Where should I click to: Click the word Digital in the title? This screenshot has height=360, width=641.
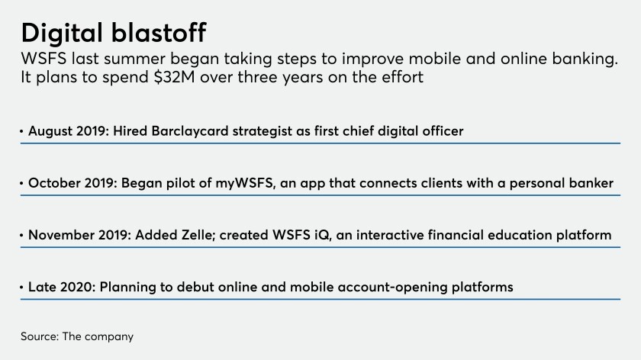point(62,34)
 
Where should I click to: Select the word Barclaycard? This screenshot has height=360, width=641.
point(190,131)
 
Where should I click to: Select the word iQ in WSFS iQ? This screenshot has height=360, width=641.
point(322,236)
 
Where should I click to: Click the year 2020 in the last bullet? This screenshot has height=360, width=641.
point(78,287)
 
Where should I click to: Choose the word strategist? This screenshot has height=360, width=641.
point(262,132)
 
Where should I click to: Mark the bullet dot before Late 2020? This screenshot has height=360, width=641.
point(21,287)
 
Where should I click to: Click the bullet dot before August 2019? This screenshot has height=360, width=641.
point(21,131)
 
